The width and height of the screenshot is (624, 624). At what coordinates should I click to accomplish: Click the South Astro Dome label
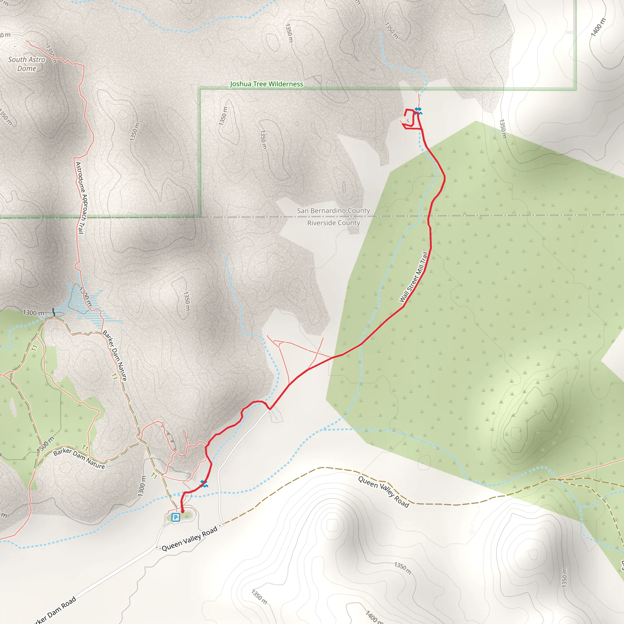pos(27,64)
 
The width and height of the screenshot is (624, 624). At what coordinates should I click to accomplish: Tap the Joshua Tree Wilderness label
pos(267,84)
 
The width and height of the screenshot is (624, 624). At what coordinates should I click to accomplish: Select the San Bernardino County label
pos(333,211)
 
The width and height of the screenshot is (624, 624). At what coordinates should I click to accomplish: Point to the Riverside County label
pos(333,223)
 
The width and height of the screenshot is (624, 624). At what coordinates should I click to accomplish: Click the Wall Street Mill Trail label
pos(414,277)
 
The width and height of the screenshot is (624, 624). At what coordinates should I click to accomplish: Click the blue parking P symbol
pos(175,517)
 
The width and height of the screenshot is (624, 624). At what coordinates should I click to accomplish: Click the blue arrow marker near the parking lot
pos(204,484)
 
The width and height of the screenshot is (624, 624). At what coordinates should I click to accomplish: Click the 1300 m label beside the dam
pos(34,313)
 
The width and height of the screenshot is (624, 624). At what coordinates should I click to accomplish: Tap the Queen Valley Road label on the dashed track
pos(383,491)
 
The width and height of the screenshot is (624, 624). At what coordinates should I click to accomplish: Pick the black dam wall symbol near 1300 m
pos(54,312)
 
